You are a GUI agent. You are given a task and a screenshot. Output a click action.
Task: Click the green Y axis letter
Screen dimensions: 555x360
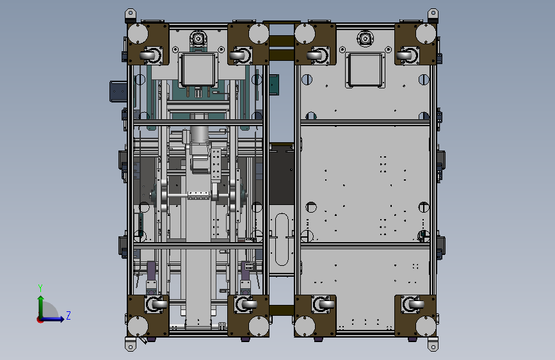[x=40, y=288]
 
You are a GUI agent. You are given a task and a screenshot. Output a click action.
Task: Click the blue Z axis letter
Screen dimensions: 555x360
[x=68, y=315]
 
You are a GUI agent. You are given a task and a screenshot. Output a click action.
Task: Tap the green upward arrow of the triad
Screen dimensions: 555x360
[x=41, y=307]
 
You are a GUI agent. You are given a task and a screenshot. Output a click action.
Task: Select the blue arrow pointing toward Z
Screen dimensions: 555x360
[x=52, y=319]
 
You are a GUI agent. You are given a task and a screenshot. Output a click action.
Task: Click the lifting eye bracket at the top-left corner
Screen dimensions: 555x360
[x=131, y=15]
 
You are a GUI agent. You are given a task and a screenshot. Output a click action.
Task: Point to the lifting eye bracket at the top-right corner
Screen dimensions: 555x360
[x=433, y=15]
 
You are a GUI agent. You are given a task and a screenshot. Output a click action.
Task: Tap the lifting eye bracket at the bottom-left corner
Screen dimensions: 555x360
[x=131, y=344]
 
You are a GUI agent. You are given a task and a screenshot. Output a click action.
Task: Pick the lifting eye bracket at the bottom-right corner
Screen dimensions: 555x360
[x=433, y=344]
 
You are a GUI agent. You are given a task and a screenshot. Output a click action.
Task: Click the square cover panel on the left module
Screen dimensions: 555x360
[x=198, y=70]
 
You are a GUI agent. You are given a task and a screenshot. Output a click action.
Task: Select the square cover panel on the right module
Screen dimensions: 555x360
[x=366, y=70]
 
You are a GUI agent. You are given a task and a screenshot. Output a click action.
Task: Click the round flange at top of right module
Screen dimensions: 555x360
[x=366, y=38]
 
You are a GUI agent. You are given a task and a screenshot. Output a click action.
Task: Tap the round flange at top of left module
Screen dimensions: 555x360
[x=198, y=38]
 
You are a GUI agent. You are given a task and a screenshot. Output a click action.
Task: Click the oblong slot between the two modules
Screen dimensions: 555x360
[x=282, y=239]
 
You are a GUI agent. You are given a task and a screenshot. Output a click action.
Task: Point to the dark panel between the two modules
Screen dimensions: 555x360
[x=282, y=174]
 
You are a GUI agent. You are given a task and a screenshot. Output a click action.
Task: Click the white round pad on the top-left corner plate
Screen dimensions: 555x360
[x=138, y=34]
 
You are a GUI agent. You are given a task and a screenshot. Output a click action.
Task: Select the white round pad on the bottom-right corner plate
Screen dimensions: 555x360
[x=426, y=326]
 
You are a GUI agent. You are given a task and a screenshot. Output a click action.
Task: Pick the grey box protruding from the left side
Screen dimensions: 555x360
[x=118, y=92]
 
